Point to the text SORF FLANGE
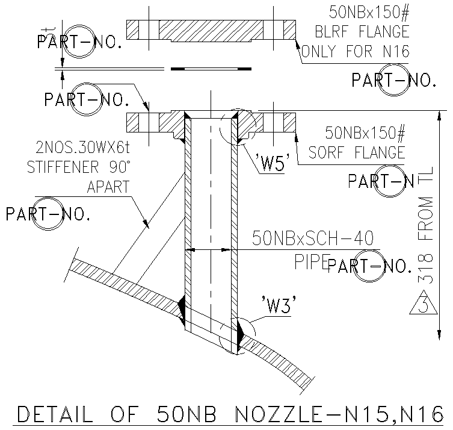click(x=357, y=152)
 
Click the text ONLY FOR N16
click(x=355, y=52)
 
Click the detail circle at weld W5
click(x=236, y=126)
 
